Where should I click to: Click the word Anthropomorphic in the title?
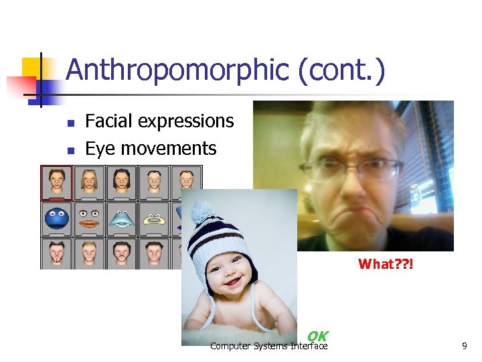click(177, 70)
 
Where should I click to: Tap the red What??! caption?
click(386, 264)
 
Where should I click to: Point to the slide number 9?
click(464, 347)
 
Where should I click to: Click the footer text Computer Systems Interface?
click(268, 346)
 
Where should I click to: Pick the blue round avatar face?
click(57, 219)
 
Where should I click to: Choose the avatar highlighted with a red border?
click(57, 182)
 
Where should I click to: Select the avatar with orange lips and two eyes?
click(89, 219)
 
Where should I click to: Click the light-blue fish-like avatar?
click(122, 219)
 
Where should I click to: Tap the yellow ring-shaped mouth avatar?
click(154, 219)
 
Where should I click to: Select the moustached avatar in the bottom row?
click(122, 253)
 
